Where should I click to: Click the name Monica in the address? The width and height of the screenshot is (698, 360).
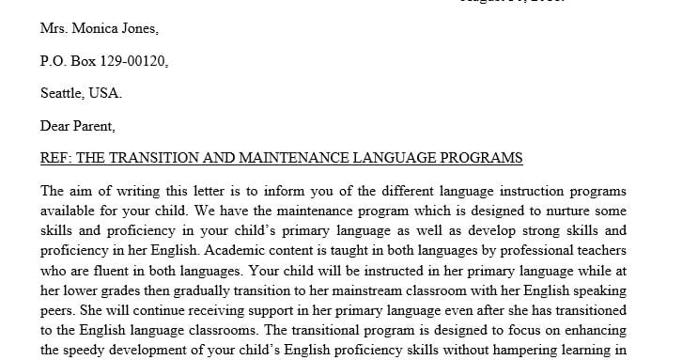98,28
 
